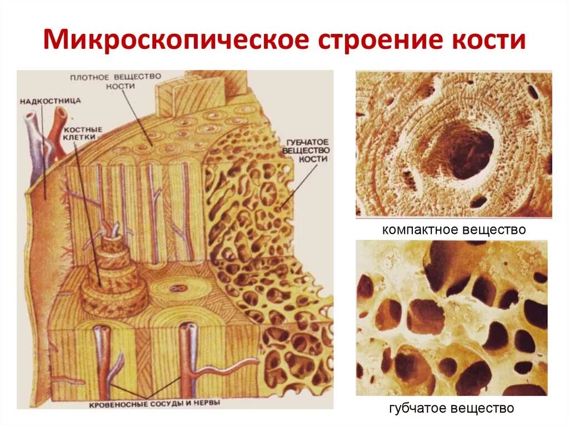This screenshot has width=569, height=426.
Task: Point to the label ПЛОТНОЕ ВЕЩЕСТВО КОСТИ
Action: [x=116, y=81]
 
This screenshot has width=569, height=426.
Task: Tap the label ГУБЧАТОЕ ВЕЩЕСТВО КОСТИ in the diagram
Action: [x=306, y=149]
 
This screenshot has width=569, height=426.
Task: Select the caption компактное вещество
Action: [x=453, y=229]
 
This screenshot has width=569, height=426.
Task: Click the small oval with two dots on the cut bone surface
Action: [x=179, y=289]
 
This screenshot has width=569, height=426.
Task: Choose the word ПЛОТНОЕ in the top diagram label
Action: [x=91, y=76]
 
